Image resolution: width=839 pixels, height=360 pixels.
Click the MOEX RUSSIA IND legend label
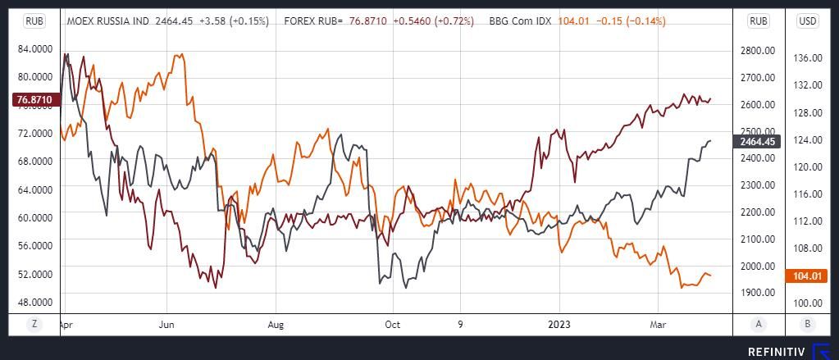coord(107,21)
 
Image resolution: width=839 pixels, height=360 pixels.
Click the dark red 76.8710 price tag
coord(35,100)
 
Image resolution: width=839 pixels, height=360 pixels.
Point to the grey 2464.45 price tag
coord(758,142)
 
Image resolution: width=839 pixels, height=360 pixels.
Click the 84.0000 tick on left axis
coord(35,49)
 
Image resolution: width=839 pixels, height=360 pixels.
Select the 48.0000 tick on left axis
coord(35,301)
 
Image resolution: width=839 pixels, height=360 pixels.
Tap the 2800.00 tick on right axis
coord(758,51)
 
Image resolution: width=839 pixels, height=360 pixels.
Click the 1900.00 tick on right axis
coord(758,293)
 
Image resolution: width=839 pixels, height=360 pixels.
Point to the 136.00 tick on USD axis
coord(809,57)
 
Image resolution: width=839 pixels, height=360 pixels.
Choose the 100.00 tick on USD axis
coord(809,303)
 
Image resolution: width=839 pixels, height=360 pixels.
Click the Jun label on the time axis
coord(166,325)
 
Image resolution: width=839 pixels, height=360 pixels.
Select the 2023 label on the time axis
coord(559,325)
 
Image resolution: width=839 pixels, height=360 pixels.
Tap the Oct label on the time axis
coord(393,325)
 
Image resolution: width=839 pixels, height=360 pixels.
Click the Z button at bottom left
coord(34,324)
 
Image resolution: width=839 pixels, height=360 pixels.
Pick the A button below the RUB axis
coord(759,324)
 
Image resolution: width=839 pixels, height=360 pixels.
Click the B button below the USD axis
coord(808,324)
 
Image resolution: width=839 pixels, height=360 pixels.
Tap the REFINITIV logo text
coord(777,351)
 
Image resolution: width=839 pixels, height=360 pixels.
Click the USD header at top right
coord(808,21)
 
